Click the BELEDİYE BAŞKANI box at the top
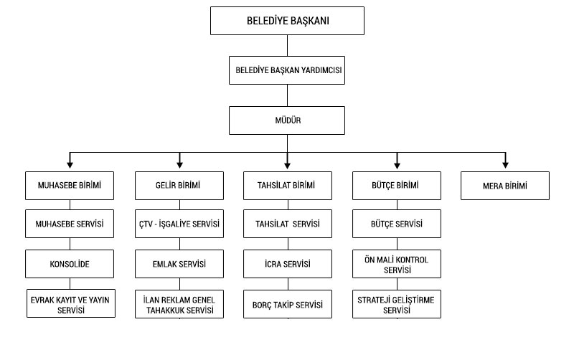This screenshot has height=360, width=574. click(x=288, y=22)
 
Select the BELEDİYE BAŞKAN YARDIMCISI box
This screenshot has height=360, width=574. click(x=288, y=72)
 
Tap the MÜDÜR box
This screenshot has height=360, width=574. click(x=288, y=120)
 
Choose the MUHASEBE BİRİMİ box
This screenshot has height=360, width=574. click(x=69, y=186)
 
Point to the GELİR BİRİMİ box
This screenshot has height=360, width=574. click(x=178, y=186)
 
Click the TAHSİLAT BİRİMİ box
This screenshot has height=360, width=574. click(x=288, y=186)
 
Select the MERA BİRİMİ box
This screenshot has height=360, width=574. click(x=505, y=186)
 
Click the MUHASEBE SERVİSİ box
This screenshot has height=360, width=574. click(x=69, y=224)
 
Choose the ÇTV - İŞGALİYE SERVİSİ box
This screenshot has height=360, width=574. click(x=178, y=224)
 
